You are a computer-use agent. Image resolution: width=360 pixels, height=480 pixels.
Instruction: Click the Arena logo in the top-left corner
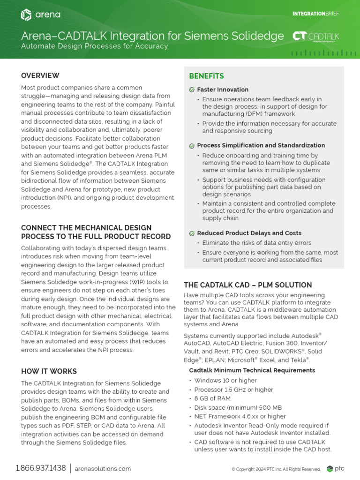point(40,15)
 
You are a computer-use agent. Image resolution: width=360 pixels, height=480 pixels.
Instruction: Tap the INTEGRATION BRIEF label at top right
point(315,14)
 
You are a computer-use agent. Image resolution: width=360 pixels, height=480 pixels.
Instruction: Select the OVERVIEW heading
point(40,75)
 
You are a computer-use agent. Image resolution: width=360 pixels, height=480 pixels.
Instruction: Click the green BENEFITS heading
point(206,76)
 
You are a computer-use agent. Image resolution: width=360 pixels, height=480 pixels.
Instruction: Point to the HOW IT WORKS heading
point(49,371)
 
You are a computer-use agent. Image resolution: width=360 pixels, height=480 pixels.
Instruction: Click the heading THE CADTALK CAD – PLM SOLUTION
point(247,285)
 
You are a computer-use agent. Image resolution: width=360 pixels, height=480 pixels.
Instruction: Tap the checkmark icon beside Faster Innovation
point(192,90)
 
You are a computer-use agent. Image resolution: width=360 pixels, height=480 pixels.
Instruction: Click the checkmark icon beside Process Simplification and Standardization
point(192,145)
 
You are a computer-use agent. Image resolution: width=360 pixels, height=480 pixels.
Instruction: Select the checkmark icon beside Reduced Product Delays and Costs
point(192,233)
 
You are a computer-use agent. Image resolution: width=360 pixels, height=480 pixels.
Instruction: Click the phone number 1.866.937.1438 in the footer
point(40,468)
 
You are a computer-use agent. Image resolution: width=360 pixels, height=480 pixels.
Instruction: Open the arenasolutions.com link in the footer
point(103,469)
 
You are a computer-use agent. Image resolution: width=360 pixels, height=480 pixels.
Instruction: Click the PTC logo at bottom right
point(336,469)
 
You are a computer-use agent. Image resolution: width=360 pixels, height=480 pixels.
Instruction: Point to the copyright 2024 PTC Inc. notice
point(276,469)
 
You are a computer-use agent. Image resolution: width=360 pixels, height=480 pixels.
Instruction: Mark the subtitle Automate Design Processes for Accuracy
point(94,46)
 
